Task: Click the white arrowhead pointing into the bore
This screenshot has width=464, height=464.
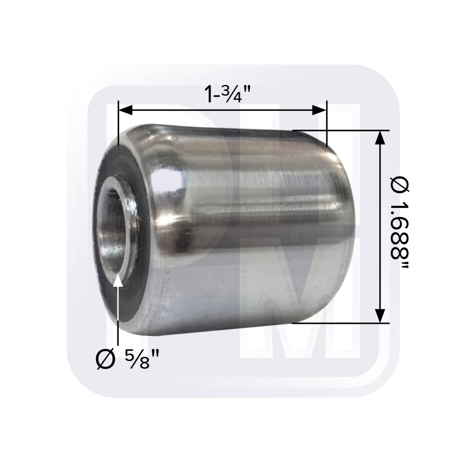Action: coord(118,280)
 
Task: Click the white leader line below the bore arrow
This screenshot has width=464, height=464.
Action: coord(118,316)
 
